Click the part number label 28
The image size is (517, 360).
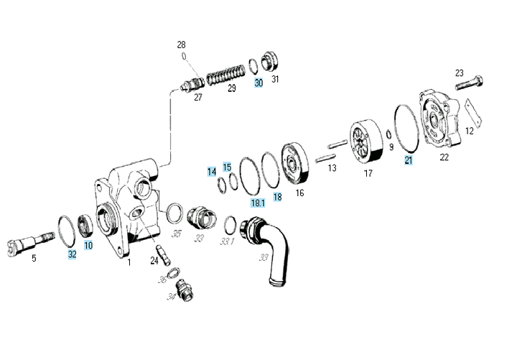[182, 45]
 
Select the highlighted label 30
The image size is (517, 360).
[258, 83]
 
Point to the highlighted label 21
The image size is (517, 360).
[409, 160]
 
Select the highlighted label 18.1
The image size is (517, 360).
[257, 203]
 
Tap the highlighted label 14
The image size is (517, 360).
[212, 172]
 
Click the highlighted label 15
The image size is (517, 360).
[227, 167]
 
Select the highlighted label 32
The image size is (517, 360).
[72, 254]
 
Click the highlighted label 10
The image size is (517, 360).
[88, 245]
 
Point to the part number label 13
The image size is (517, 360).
[332, 168]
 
